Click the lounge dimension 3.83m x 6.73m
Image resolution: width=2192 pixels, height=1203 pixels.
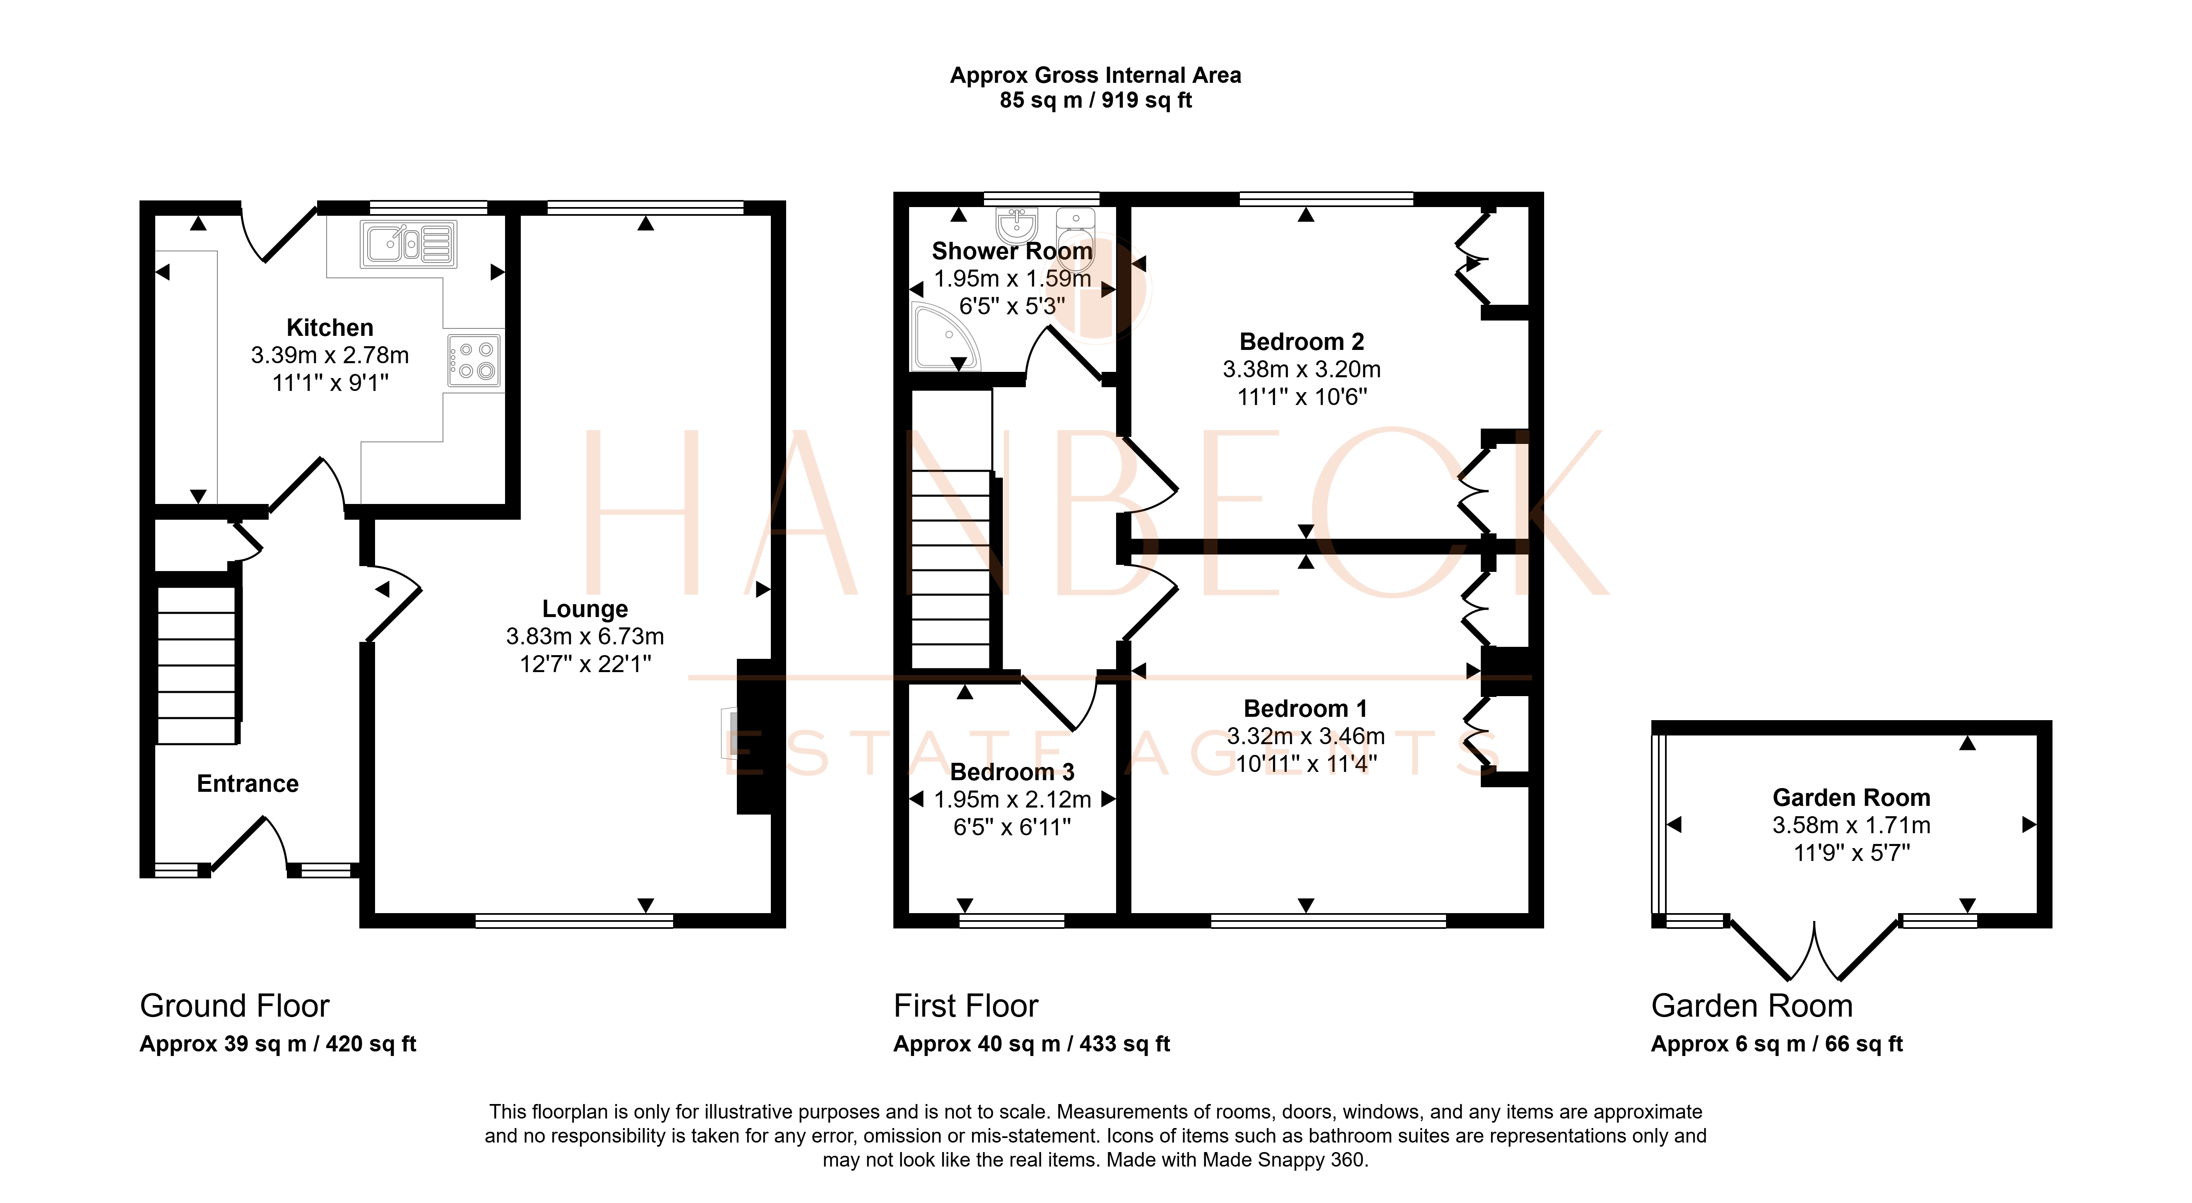click(x=585, y=636)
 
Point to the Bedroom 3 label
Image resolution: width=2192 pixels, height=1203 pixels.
click(x=1012, y=772)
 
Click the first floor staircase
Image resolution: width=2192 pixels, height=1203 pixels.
click(x=951, y=570)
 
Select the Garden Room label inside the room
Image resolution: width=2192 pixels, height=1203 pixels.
click(x=1852, y=798)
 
